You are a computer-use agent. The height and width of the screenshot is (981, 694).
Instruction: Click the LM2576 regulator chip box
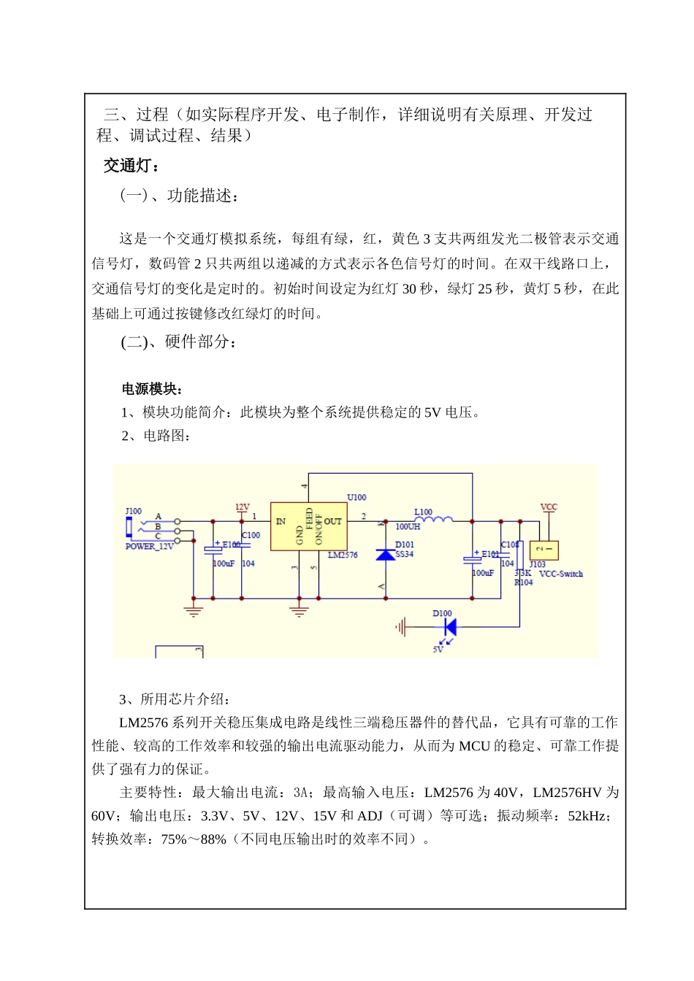(308, 526)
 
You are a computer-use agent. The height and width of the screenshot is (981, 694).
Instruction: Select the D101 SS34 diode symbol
(386, 555)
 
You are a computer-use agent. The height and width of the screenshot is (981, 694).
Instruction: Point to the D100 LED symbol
(450, 626)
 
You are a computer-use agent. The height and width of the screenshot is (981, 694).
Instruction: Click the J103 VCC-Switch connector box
(544, 550)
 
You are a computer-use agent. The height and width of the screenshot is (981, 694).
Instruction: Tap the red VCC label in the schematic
(549, 507)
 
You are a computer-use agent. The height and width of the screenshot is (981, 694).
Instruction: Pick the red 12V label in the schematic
(242, 507)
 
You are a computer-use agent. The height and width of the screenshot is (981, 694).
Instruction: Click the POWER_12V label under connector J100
(149, 547)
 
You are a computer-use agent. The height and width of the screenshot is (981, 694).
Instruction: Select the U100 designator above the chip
(356, 497)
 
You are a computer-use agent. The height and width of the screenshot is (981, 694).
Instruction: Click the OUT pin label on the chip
(333, 521)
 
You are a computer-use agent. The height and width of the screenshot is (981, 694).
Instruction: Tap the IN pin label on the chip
(281, 521)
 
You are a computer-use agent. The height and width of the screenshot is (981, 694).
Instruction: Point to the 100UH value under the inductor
(408, 527)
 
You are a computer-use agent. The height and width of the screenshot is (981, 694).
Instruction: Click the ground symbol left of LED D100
(401, 626)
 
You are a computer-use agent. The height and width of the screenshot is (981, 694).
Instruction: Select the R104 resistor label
(523, 582)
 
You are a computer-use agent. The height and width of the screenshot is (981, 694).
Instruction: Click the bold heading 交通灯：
(131, 166)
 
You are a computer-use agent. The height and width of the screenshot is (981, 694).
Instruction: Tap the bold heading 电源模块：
(152, 389)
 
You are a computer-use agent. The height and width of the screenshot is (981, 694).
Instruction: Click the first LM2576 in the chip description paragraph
(143, 723)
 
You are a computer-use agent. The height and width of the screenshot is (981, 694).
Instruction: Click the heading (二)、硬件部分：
(178, 342)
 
